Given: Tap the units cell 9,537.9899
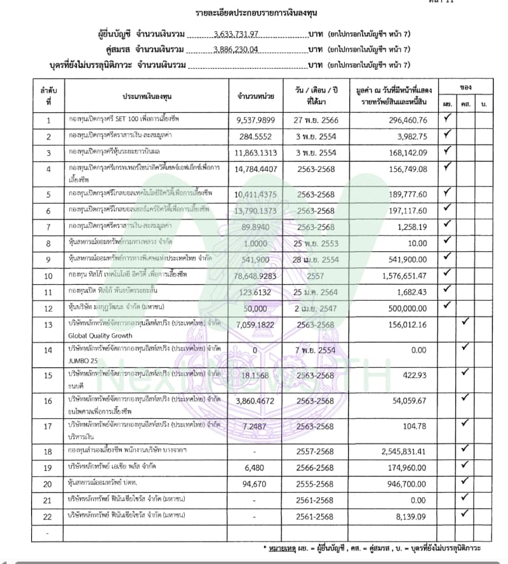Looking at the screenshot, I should tap(255, 119).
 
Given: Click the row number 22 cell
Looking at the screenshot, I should tap(48, 517).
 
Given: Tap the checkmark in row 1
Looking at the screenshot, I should tap(447, 118).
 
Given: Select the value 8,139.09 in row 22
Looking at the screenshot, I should tap(413, 517).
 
